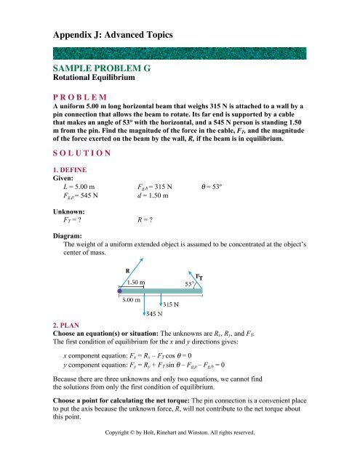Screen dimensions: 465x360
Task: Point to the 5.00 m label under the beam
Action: tap(132, 299)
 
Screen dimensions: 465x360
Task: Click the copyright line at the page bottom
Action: tap(180, 452)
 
